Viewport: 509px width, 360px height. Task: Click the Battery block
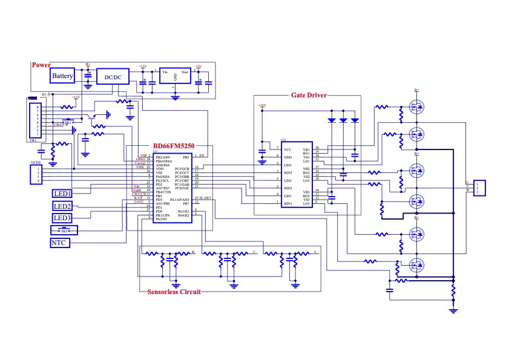pyautogui.click(x=62, y=76)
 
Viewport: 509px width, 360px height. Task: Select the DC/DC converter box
pyautogui.click(x=113, y=77)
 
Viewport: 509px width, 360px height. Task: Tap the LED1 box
pyautogui.click(x=62, y=194)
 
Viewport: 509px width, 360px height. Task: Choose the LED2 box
pyautogui.click(x=62, y=206)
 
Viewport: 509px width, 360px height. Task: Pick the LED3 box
pyautogui.click(x=62, y=218)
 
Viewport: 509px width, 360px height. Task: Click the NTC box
pyautogui.click(x=60, y=243)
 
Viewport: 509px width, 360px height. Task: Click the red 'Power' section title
pyautogui.click(x=41, y=65)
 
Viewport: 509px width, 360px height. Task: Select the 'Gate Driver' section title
pyautogui.click(x=309, y=95)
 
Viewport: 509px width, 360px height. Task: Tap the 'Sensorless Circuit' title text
pyautogui.click(x=174, y=291)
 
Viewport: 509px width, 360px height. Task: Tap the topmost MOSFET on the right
pyautogui.click(x=416, y=108)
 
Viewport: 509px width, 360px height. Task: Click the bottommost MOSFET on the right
pyautogui.click(x=416, y=265)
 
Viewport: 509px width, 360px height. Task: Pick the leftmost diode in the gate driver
pyautogui.click(x=331, y=120)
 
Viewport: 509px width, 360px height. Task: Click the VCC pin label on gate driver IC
pyautogui.click(x=288, y=148)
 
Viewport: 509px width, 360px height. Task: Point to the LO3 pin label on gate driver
pyautogui.click(x=306, y=203)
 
